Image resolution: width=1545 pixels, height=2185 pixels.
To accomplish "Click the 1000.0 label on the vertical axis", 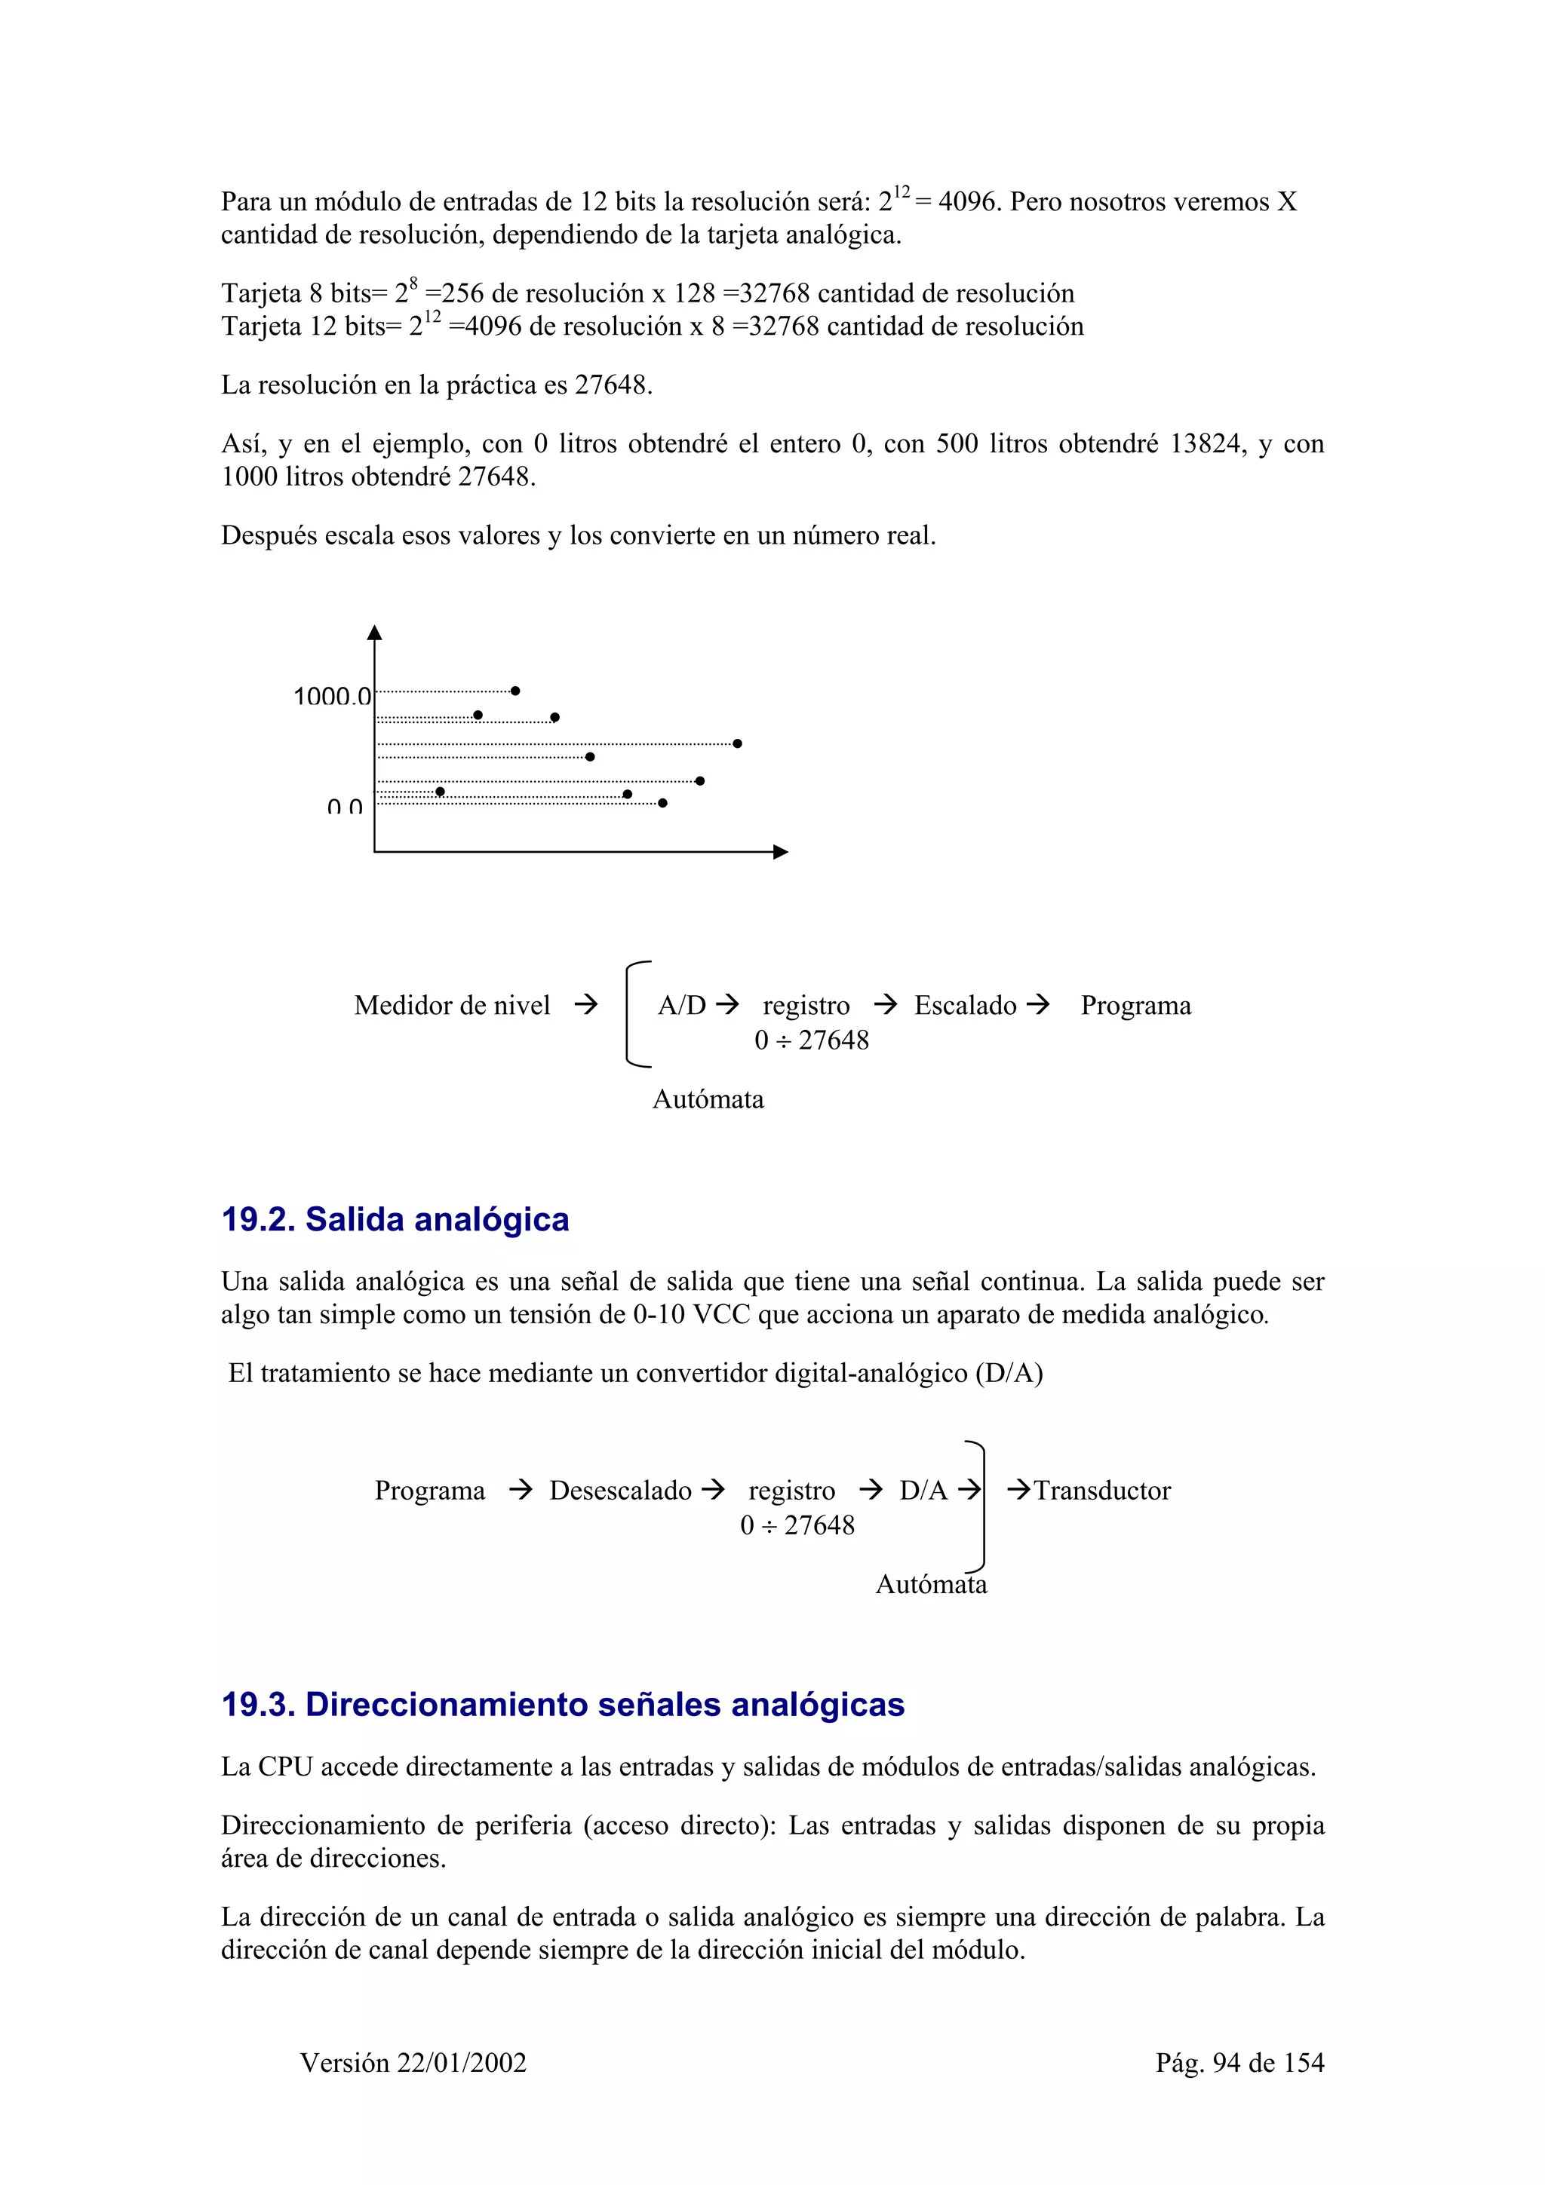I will click(331, 697).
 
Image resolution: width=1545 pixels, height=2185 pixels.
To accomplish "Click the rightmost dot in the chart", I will click(738, 743).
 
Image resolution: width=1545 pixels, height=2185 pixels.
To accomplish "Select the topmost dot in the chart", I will click(515, 691).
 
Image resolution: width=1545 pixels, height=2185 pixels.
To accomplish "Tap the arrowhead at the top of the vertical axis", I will click(374, 633).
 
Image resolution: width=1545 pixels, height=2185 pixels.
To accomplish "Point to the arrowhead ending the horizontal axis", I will click(781, 852).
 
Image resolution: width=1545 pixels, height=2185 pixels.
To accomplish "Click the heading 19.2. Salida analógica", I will click(395, 1219).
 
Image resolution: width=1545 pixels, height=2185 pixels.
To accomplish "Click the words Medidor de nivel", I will click(452, 1005).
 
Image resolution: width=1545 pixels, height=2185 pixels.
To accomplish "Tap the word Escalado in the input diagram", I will click(966, 1005).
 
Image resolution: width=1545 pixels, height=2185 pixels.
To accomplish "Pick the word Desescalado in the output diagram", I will click(621, 1491).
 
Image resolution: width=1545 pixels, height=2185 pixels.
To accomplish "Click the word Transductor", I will click(1102, 1491).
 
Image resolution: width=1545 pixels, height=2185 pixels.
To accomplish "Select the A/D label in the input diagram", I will click(681, 1005).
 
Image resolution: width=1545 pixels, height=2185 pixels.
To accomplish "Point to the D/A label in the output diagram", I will click(923, 1491).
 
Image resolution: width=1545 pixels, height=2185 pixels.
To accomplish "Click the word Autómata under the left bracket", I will click(708, 1099).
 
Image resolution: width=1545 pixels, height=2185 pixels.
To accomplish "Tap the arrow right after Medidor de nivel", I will click(586, 1004).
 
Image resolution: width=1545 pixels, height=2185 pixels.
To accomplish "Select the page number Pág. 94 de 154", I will click(1239, 2062).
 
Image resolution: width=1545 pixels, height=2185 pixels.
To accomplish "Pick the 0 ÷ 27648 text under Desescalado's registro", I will click(797, 1525).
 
